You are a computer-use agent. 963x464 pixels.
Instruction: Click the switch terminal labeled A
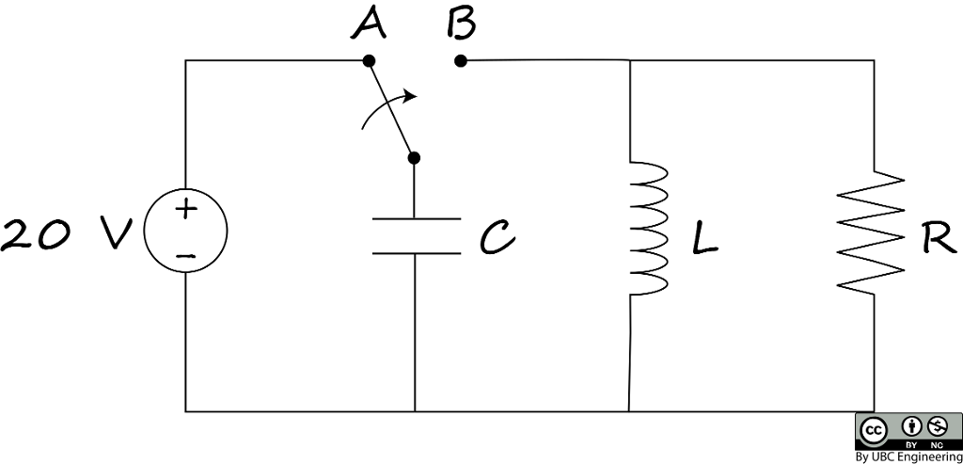coord(370,61)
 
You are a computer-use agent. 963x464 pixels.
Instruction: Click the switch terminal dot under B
coord(460,61)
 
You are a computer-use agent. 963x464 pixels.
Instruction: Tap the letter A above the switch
coord(369,25)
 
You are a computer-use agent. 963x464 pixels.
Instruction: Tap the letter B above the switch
coord(461,24)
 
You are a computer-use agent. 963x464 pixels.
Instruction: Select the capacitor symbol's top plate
coord(416,218)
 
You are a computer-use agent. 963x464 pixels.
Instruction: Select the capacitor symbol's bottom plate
coord(416,253)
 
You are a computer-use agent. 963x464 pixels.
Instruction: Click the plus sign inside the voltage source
coord(186,210)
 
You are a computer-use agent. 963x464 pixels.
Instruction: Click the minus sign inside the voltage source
coord(186,254)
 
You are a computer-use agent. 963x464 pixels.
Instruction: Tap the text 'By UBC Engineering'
coord(908,456)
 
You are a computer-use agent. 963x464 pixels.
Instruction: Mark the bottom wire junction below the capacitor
coord(415,411)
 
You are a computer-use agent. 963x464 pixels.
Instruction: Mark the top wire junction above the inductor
coord(628,61)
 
